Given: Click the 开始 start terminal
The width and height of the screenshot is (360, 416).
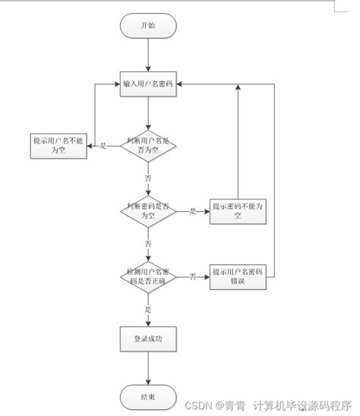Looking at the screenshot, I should [150, 25].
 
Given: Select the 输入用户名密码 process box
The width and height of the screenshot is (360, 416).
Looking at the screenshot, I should [150, 84].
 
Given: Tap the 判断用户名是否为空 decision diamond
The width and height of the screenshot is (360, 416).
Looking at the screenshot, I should [150, 145].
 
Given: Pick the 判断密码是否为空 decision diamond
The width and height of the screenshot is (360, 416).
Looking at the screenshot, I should [150, 210].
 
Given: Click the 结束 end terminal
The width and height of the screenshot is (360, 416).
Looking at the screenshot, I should [150, 396].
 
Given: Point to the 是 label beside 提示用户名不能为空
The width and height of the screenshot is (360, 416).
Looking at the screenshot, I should [103, 145].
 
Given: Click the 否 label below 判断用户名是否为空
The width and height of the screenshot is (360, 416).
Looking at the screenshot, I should [148, 177].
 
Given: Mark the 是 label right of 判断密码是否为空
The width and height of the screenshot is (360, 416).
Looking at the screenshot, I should [193, 211].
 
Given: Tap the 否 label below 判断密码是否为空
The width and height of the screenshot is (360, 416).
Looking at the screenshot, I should [148, 243].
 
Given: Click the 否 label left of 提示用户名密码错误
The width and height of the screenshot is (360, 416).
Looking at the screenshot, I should [193, 276].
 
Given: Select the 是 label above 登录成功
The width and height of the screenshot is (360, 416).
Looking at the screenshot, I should [148, 309].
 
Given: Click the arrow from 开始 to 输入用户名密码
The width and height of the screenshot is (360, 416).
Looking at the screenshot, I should [150, 55].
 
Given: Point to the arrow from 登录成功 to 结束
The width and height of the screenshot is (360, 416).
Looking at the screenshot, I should [150, 368].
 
